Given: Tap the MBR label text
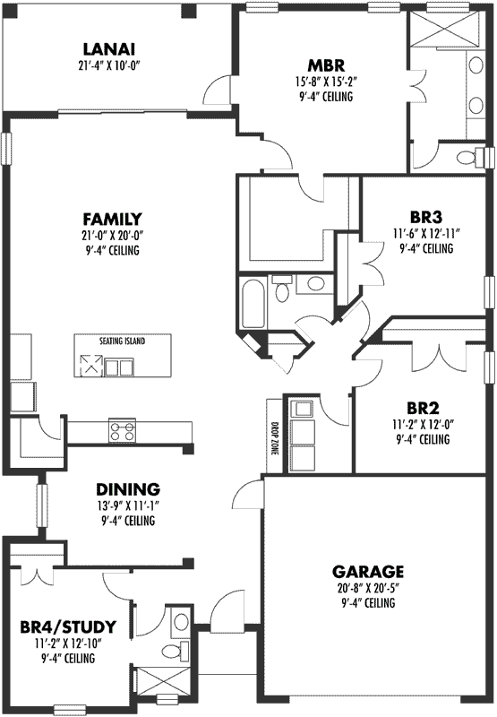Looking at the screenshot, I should tap(321, 65).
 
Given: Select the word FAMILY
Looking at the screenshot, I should tap(113, 219).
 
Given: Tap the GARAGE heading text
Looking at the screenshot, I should tap(368, 571).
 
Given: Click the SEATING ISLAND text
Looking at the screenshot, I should tap(123, 341).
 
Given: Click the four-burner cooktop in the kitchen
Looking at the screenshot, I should tap(122, 430).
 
